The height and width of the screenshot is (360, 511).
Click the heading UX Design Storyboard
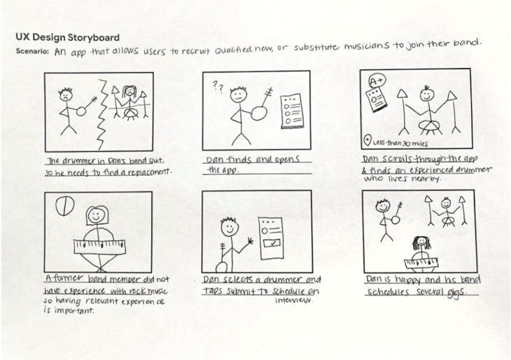point(66,37)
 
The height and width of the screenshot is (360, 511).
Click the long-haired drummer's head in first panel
point(129,92)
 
